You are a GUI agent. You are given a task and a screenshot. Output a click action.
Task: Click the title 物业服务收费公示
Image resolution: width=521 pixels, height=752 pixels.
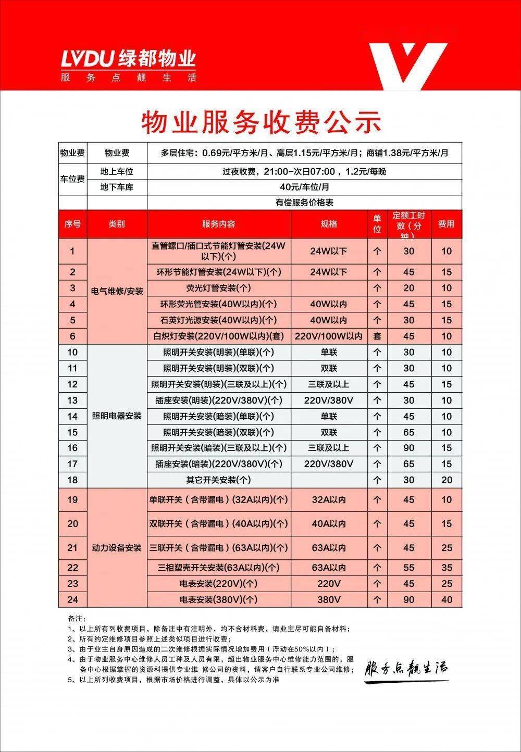pyautogui.click(x=261, y=121)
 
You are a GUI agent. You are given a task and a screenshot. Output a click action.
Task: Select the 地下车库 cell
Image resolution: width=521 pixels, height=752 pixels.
pyautogui.click(x=117, y=187)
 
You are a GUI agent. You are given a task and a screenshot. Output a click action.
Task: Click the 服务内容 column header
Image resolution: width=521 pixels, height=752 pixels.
pyautogui.click(x=219, y=224)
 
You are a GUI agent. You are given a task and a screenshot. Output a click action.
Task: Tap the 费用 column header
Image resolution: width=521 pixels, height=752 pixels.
pyautogui.click(x=446, y=224)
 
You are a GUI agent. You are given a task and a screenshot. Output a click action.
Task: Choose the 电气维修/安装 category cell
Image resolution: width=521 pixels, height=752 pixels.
pyautogui.click(x=117, y=291)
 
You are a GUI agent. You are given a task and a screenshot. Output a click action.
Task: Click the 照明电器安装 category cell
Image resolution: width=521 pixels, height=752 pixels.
pyautogui.click(x=117, y=416)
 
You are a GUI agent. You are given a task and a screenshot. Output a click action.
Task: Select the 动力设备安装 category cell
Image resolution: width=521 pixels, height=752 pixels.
pyautogui.click(x=117, y=548)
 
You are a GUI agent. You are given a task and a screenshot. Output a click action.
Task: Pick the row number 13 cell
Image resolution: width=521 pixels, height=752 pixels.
pyautogui.click(x=72, y=400)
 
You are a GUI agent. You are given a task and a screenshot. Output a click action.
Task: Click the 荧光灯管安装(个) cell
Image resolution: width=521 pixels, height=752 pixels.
pyautogui.click(x=219, y=288)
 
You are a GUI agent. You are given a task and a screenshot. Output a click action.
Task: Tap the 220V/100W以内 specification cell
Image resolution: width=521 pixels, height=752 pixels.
pyautogui.click(x=329, y=336)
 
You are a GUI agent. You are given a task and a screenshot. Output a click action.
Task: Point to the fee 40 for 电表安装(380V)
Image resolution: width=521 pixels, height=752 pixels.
pyautogui.click(x=446, y=599)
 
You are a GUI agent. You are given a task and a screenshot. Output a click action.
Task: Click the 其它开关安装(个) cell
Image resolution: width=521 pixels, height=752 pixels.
pyautogui.click(x=219, y=480)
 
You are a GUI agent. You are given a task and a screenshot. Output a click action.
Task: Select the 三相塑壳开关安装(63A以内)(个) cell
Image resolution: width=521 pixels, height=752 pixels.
pyautogui.click(x=219, y=567)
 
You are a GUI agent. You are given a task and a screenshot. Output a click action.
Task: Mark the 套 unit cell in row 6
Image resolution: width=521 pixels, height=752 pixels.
pyautogui.click(x=377, y=336)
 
